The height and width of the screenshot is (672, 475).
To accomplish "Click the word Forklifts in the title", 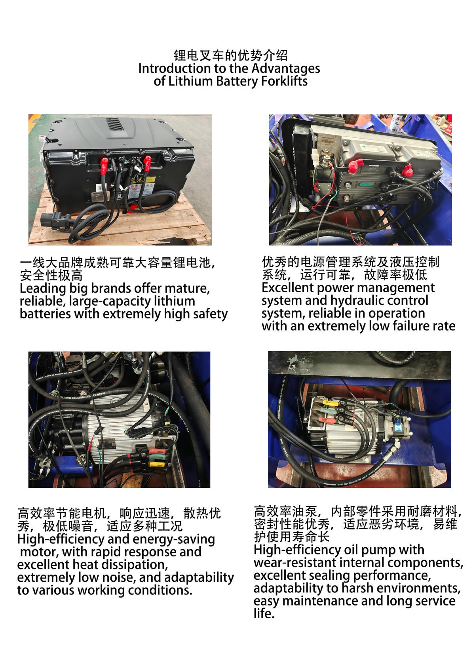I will click(284, 81).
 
